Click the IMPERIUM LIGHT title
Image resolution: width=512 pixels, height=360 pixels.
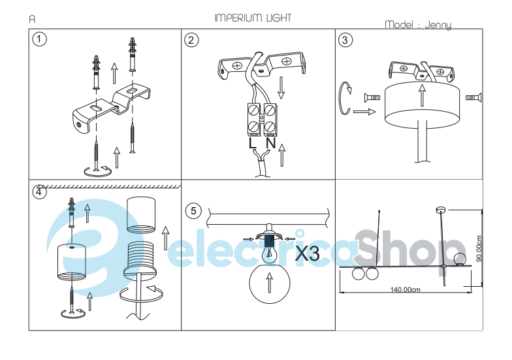pos(253,18)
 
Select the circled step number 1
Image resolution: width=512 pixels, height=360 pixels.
pos(39,39)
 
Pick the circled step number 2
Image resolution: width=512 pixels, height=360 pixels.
pos(191,41)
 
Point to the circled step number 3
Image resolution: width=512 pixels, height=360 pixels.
pos(345,41)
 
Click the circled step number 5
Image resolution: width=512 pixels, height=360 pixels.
pos(193,210)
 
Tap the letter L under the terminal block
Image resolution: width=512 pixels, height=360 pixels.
pos(252,143)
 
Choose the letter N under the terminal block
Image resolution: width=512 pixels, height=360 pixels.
pos(270,143)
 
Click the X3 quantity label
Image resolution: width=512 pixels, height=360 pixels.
pos(307,253)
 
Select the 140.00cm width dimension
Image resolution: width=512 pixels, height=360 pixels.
pos(405,289)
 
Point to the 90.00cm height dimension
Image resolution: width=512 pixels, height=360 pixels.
pos(479,248)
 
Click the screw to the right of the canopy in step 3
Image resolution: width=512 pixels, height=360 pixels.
pos(473,97)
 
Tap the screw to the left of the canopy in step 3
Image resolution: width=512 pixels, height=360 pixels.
pos(372,97)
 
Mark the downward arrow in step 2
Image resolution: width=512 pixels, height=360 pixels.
pos(281,88)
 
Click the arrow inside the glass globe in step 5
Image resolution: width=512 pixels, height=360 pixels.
pos(269,283)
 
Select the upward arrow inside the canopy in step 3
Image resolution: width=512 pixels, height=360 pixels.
pos(422,95)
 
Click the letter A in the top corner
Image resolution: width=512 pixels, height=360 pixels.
pos(32,20)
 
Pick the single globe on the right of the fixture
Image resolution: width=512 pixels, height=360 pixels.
pos(460,259)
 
